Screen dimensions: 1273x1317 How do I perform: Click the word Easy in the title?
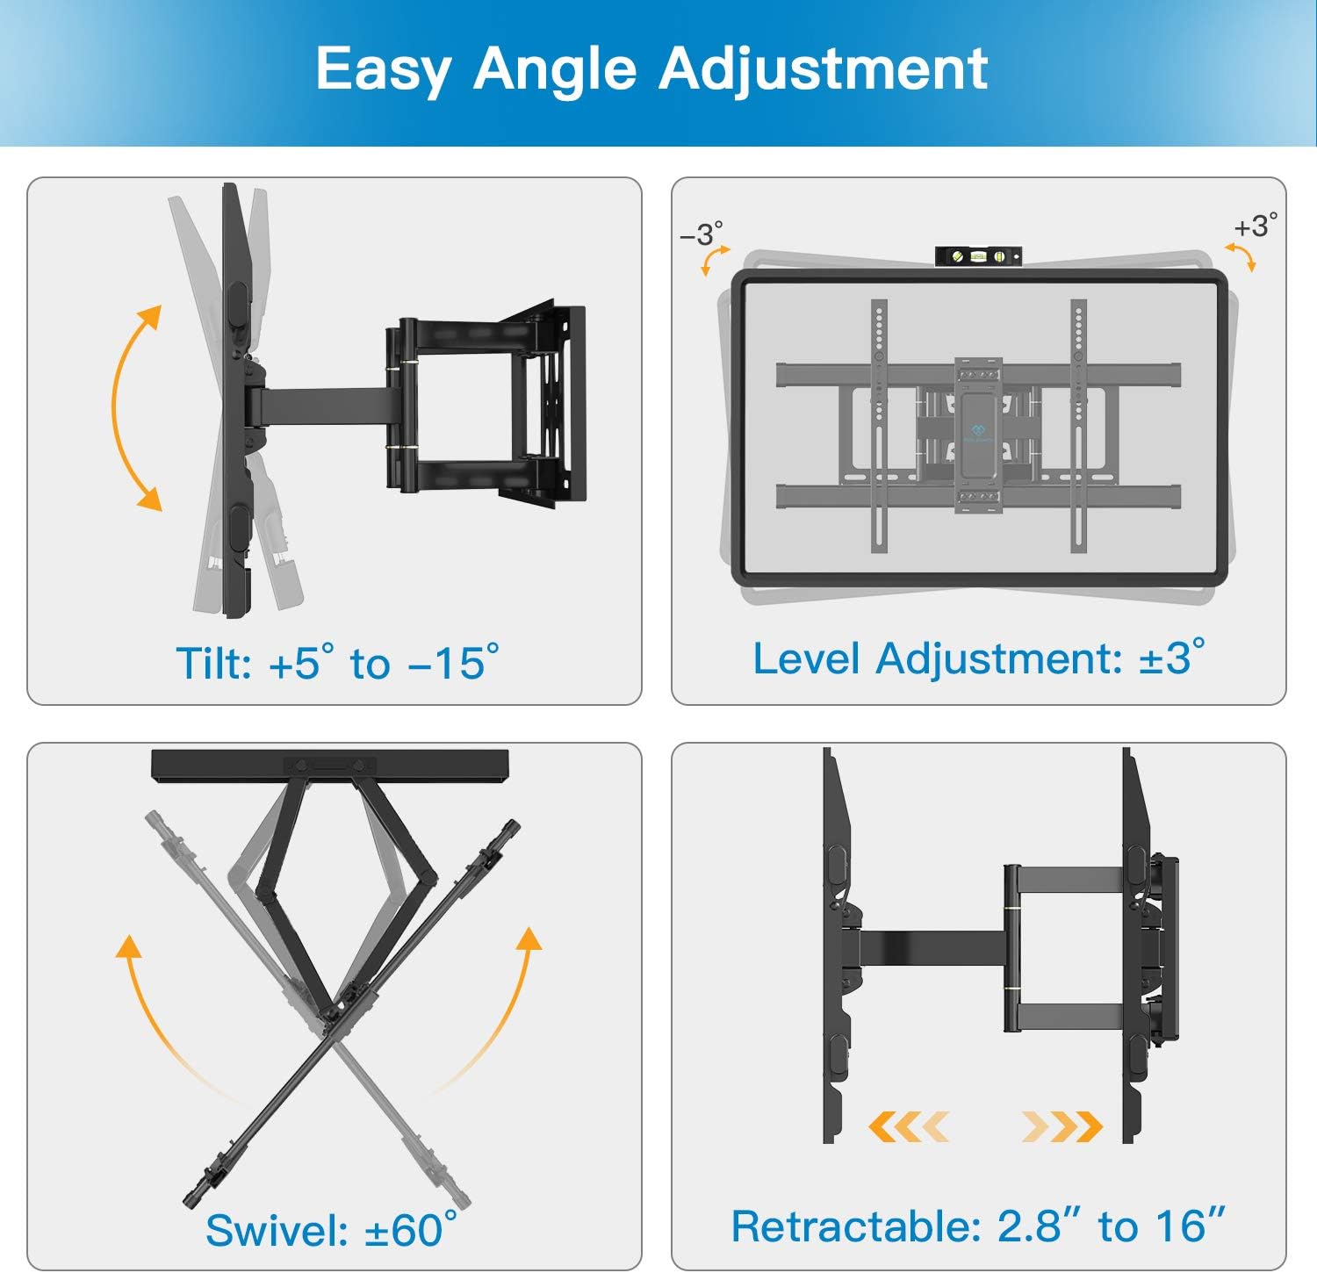coord(383,70)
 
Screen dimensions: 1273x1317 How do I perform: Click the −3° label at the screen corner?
coord(701,234)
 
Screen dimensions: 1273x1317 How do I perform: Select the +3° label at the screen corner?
coord(1255,227)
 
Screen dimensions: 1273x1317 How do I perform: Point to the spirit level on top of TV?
coord(978,256)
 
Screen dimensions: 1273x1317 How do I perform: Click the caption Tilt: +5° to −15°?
coord(337,663)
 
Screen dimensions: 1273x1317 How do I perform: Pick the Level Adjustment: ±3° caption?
coord(978,658)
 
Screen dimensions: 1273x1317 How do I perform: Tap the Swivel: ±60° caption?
coord(331,1229)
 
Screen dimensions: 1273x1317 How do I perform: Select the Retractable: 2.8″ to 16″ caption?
coord(977,1226)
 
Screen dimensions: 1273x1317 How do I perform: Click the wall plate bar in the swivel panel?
coord(330,766)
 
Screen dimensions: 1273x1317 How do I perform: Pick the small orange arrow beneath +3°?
coord(1241,257)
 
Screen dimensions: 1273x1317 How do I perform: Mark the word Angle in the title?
coord(555,70)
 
